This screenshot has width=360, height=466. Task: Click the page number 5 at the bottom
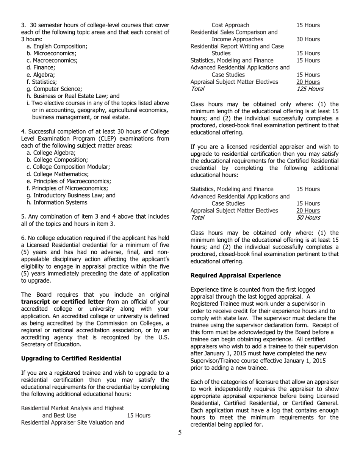point(180,433)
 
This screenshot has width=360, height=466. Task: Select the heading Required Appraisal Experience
point(235,275)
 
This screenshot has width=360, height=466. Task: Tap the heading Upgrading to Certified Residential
point(71,358)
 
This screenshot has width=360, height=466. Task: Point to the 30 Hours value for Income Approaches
point(308,39)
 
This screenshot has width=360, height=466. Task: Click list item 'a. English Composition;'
point(57,47)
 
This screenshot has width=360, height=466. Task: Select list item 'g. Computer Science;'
point(54,89)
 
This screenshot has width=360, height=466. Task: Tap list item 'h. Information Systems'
point(57,202)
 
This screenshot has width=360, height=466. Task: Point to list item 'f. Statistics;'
point(42,82)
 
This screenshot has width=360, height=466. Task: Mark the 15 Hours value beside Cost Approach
point(308,25)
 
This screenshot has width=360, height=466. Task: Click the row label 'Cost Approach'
point(230,25)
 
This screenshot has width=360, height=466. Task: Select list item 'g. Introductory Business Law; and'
point(71,195)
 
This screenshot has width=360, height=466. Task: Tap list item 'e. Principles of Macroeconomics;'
point(69,181)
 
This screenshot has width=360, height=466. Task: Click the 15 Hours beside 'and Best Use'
point(139,416)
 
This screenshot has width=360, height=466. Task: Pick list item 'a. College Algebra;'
point(51,153)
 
